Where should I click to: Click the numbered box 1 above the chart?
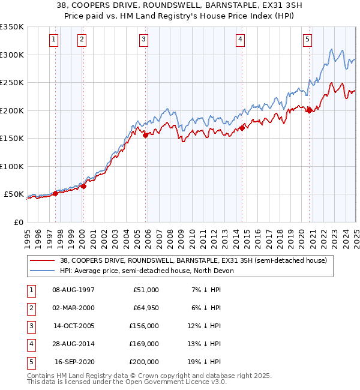click(x=53, y=40)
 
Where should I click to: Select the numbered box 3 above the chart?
click(x=144, y=40)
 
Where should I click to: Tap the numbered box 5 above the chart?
click(x=307, y=40)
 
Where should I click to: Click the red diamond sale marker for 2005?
click(x=146, y=135)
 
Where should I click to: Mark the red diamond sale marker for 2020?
click(x=309, y=110)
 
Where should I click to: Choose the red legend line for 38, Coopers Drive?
click(x=43, y=261)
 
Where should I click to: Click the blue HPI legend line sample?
click(x=43, y=271)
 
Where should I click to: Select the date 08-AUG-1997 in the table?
click(x=73, y=290)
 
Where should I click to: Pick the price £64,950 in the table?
click(x=145, y=308)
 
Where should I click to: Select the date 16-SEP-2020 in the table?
click(x=74, y=362)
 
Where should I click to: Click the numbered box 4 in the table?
click(x=31, y=344)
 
